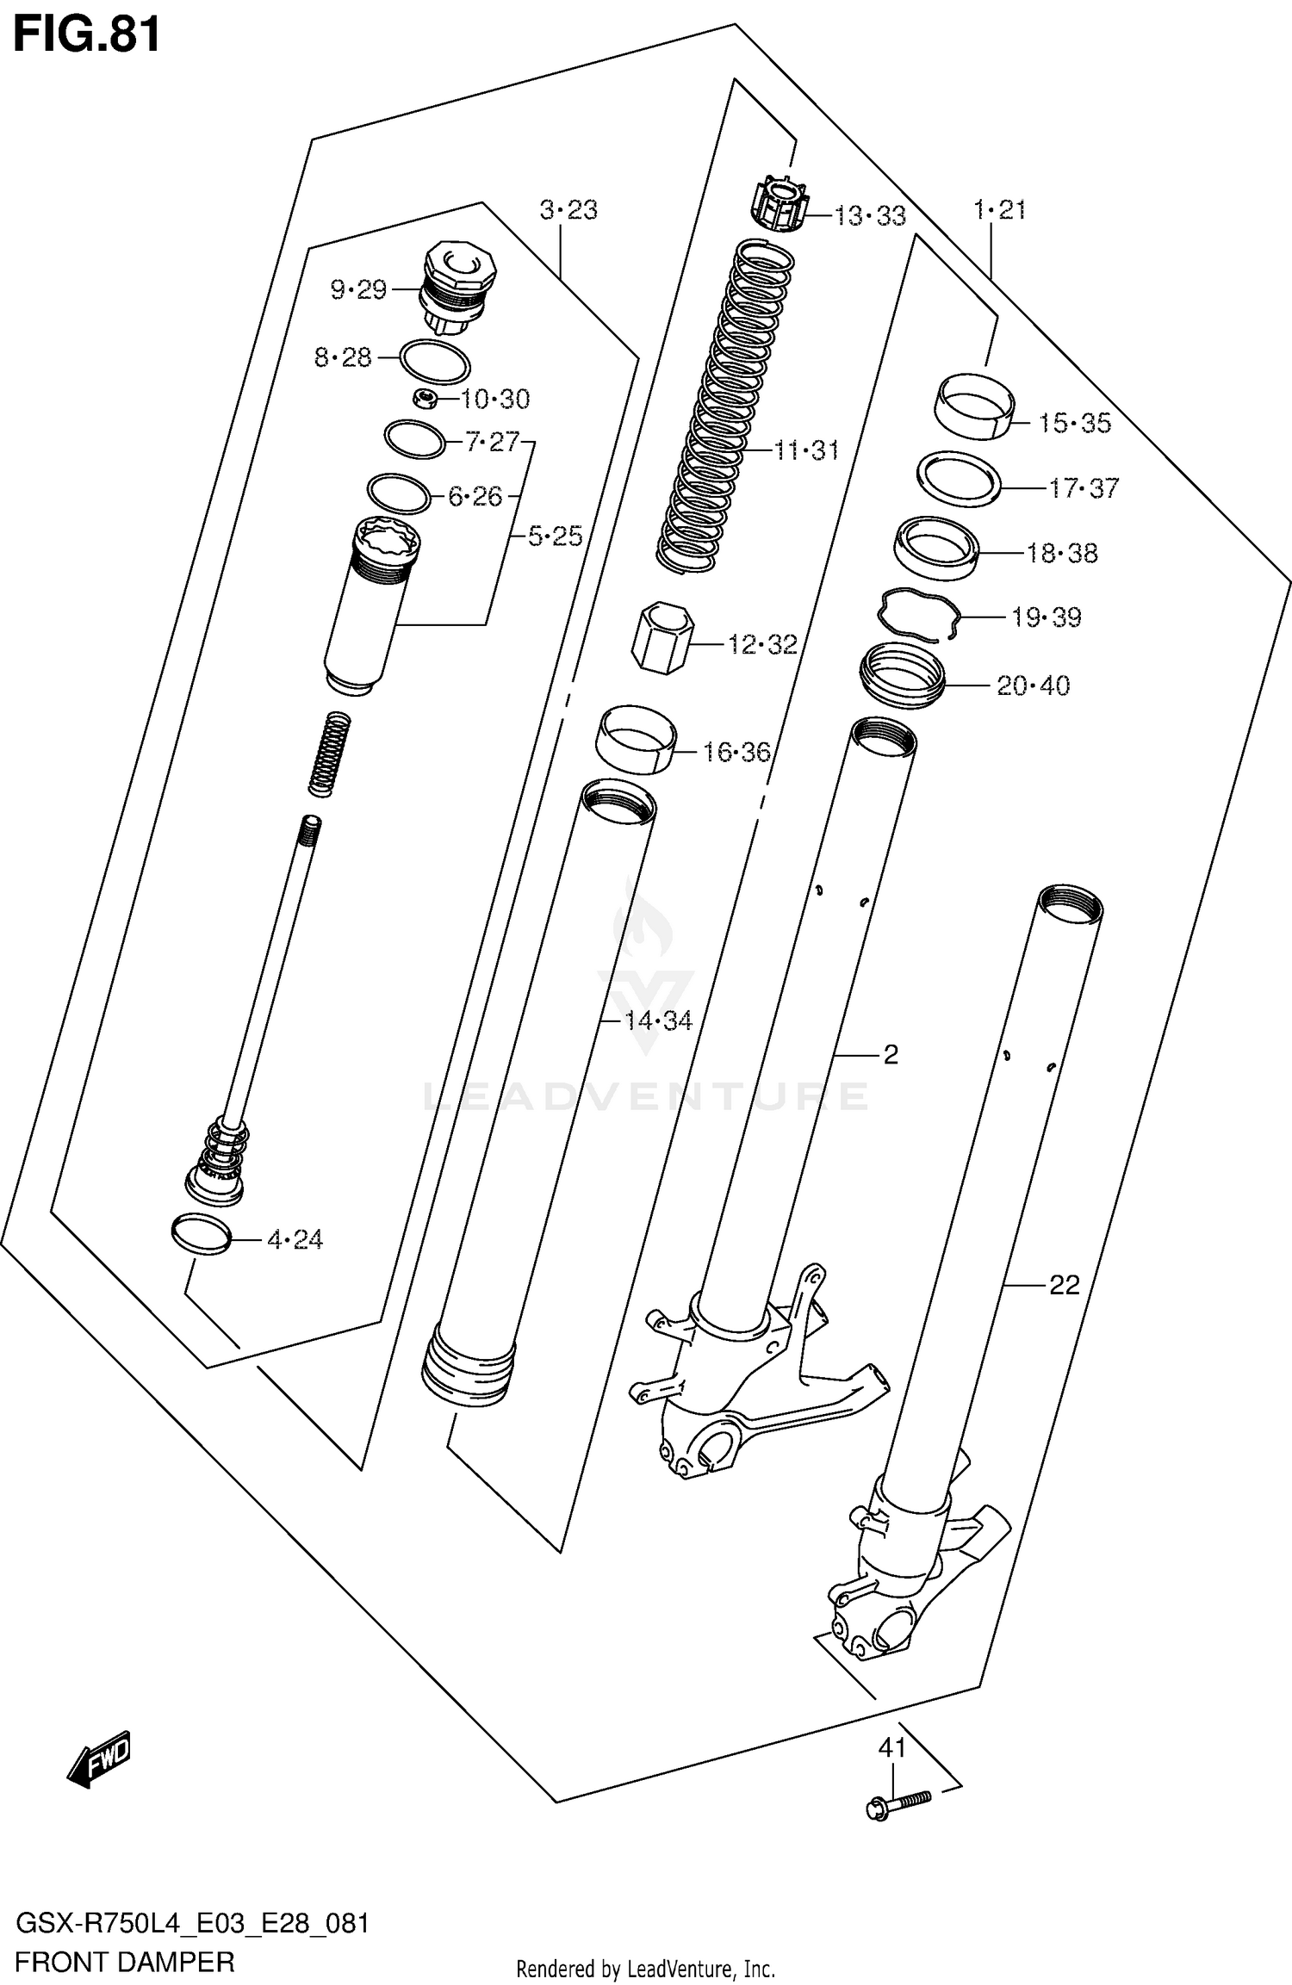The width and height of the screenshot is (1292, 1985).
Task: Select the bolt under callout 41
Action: pyautogui.click(x=898, y=1801)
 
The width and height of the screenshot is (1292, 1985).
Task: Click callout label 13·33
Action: pyautogui.click(x=870, y=215)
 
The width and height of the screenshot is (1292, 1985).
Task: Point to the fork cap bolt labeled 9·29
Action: pyautogui.click(x=460, y=288)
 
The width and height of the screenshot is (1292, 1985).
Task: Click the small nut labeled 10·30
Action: pyautogui.click(x=425, y=397)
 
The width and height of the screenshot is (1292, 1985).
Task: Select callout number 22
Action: pyautogui.click(x=1065, y=1285)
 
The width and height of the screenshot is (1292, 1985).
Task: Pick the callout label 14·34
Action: pyautogui.click(x=658, y=1021)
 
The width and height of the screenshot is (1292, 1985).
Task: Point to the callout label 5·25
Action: pyautogui.click(x=555, y=537)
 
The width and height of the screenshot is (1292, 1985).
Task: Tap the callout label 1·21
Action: pyautogui.click(x=999, y=210)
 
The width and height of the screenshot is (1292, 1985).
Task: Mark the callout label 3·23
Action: pyautogui.click(x=568, y=210)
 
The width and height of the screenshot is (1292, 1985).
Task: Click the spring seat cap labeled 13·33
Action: pyautogui.click(x=778, y=205)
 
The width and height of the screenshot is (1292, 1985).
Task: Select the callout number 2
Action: pyautogui.click(x=891, y=1054)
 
